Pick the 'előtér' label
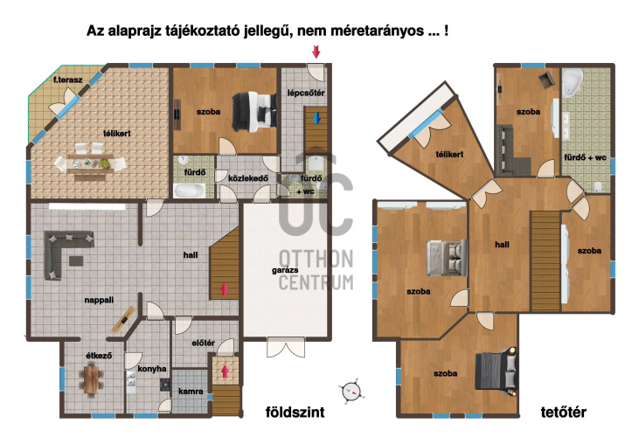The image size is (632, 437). pos(203,343)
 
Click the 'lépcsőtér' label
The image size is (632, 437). pos(306,92)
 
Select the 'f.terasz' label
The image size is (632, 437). pos(67,80)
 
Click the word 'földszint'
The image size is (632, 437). pos(295,412)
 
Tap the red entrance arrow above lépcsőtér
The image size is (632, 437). pos(316,53)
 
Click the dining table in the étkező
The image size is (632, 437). pos(92,378)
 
